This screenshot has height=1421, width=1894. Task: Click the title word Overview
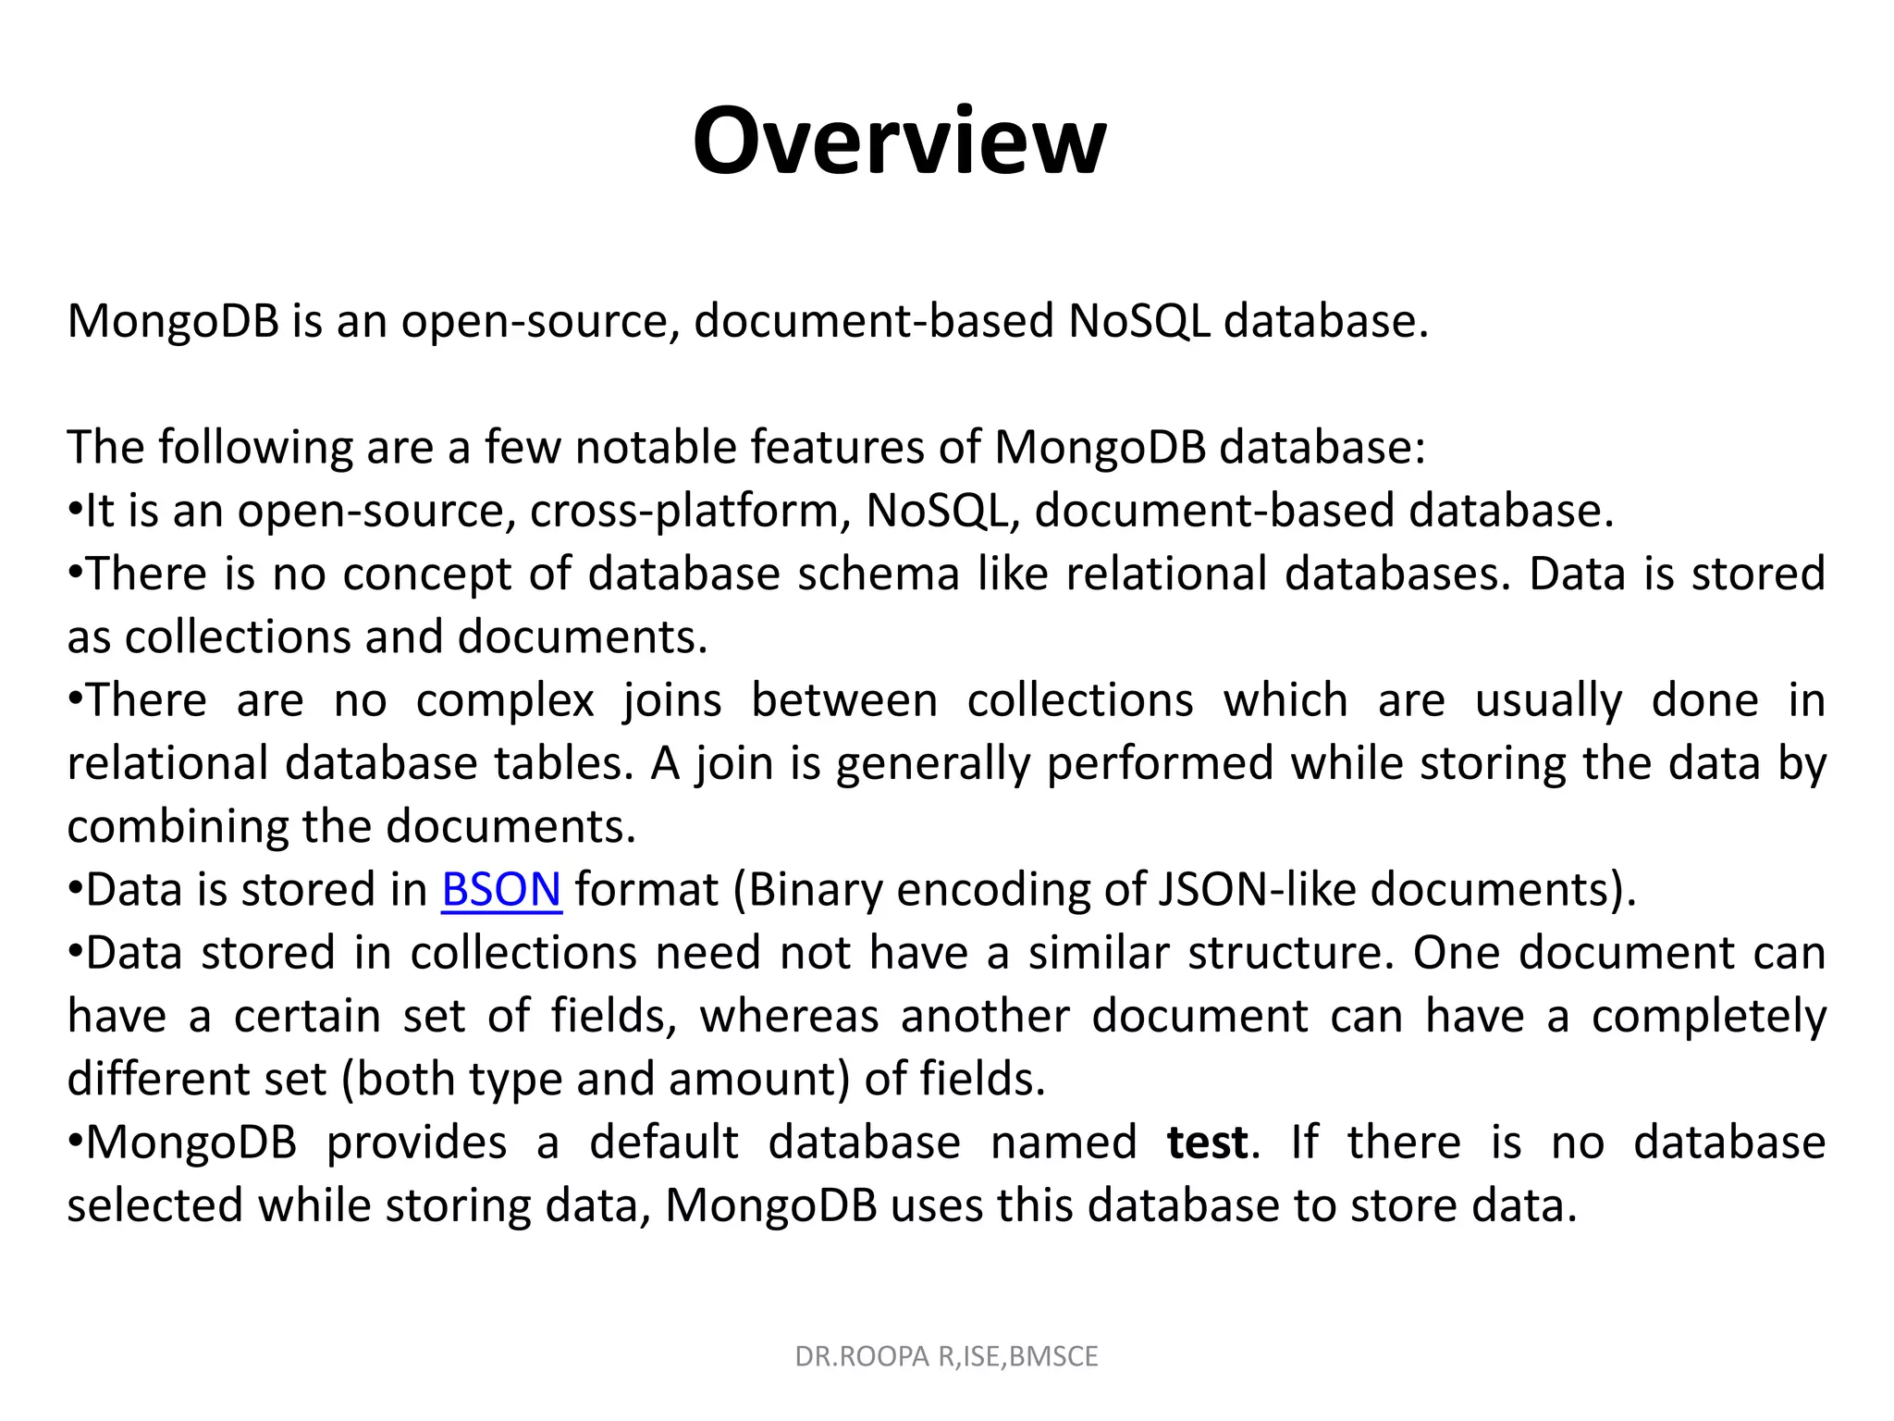click(x=899, y=142)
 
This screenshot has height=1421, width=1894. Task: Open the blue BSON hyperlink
click(x=501, y=890)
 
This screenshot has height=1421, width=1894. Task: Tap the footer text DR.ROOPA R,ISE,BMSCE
click(x=946, y=1356)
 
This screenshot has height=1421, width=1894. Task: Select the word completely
click(x=1708, y=1017)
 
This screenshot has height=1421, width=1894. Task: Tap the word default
click(x=664, y=1143)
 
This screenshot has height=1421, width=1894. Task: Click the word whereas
click(x=789, y=1017)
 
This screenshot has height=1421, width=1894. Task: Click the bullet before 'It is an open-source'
click(x=76, y=510)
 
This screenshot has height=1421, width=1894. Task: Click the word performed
click(x=1161, y=764)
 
